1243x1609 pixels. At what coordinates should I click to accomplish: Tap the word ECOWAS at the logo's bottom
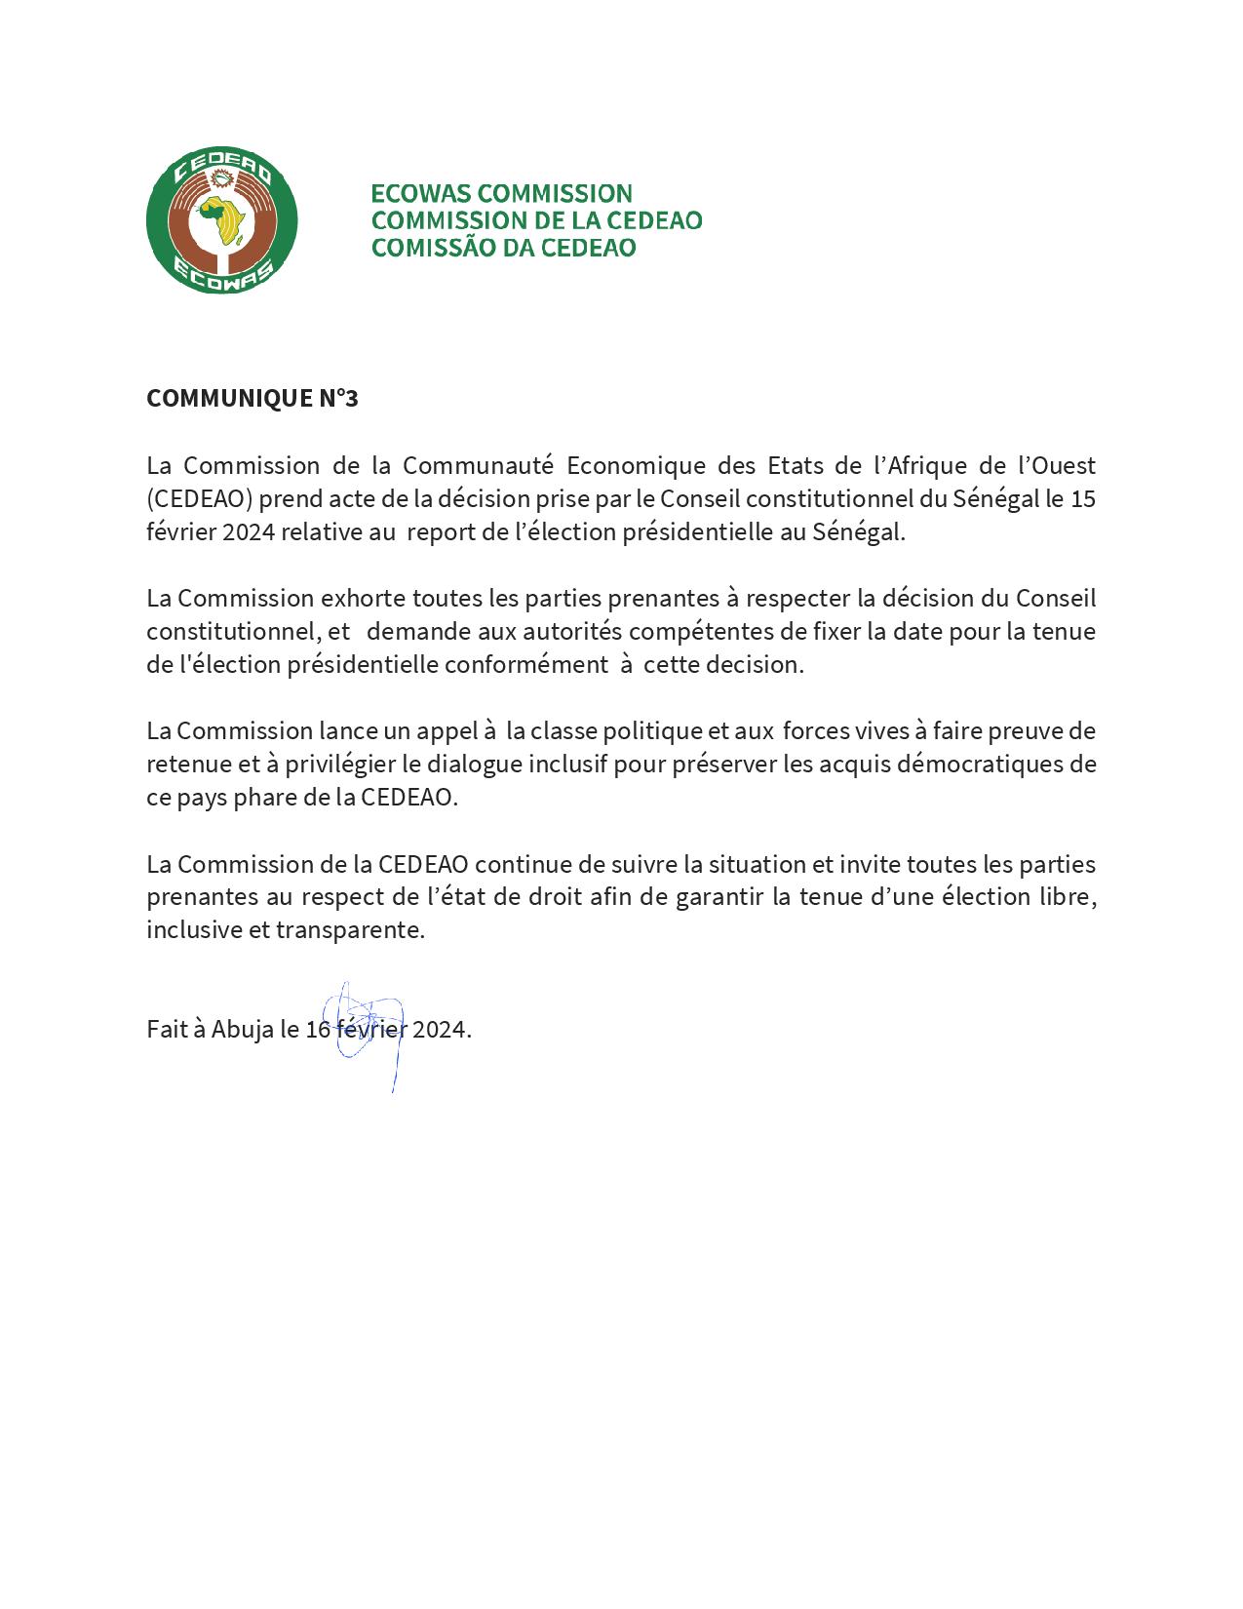[222, 274]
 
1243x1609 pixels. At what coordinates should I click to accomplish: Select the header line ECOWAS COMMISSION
[501, 193]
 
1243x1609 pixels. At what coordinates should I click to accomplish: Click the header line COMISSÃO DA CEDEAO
[503, 248]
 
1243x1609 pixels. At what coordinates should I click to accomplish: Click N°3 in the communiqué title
[338, 399]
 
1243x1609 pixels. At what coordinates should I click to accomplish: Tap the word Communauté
[478, 465]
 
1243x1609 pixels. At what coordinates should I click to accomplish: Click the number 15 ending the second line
[1082, 498]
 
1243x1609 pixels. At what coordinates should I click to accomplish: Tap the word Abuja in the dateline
[243, 1030]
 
